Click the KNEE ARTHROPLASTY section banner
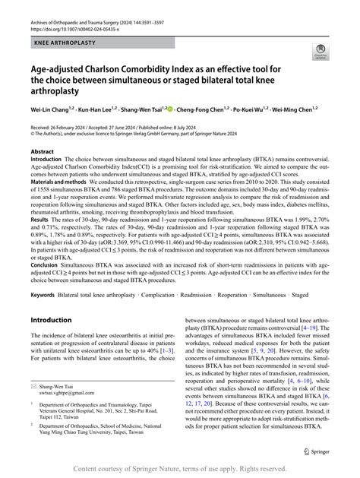(64, 44)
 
